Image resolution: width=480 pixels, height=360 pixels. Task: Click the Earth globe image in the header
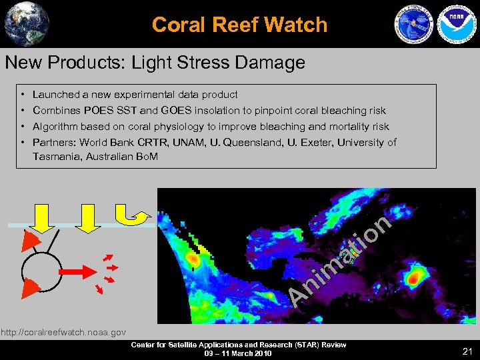click(27, 23)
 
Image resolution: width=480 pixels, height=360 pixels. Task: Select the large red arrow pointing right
click(76, 272)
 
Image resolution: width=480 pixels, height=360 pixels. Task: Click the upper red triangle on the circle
click(30, 241)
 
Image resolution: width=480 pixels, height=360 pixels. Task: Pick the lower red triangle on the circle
click(31, 287)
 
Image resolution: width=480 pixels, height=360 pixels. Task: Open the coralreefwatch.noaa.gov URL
click(63, 331)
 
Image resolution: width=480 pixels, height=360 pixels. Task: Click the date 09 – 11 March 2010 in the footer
click(238, 353)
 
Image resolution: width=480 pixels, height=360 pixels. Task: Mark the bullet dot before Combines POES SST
click(23, 111)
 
